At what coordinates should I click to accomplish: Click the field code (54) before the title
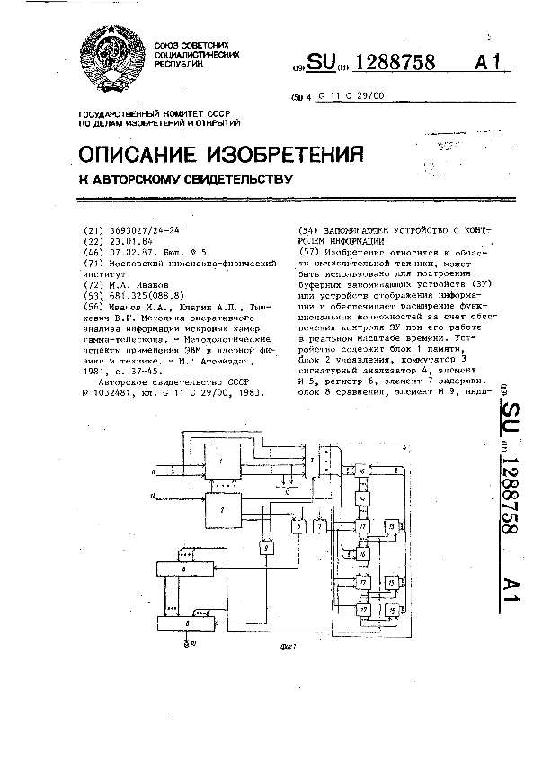304,229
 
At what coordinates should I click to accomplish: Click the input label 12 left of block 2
155,495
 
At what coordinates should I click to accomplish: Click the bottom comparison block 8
185,622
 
